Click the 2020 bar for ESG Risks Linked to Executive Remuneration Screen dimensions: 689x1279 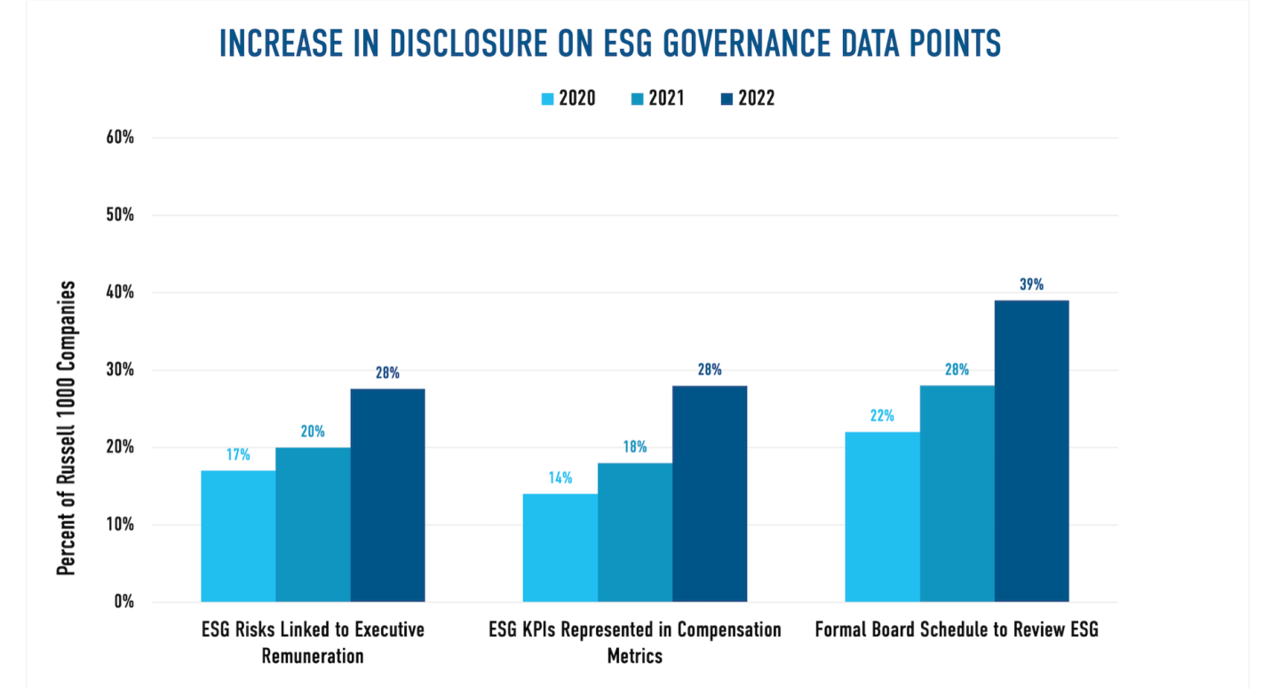[238, 536]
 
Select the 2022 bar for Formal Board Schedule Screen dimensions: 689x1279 [1031, 451]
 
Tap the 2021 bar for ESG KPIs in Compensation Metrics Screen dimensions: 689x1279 [634, 533]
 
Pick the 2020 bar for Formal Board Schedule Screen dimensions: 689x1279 [882, 517]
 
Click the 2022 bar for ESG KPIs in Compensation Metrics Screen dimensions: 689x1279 [709, 493]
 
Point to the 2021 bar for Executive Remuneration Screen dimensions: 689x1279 [313, 525]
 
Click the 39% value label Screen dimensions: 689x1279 [1031, 285]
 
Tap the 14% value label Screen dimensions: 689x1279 [560, 478]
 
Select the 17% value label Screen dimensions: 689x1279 [238, 455]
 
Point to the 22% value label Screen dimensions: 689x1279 [882, 416]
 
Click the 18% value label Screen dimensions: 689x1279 [634, 447]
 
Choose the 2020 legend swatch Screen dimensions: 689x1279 [547, 99]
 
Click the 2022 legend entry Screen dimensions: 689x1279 [747, 99]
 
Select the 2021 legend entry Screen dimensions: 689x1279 [656, 99]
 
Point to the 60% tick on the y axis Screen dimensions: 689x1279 [121, 138]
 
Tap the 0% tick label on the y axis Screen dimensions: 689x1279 [125, 602]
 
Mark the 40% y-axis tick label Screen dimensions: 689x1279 [121, 292]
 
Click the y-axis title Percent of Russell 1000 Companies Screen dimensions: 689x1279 [67, 429]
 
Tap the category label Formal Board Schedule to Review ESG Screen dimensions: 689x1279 [957, 630]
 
